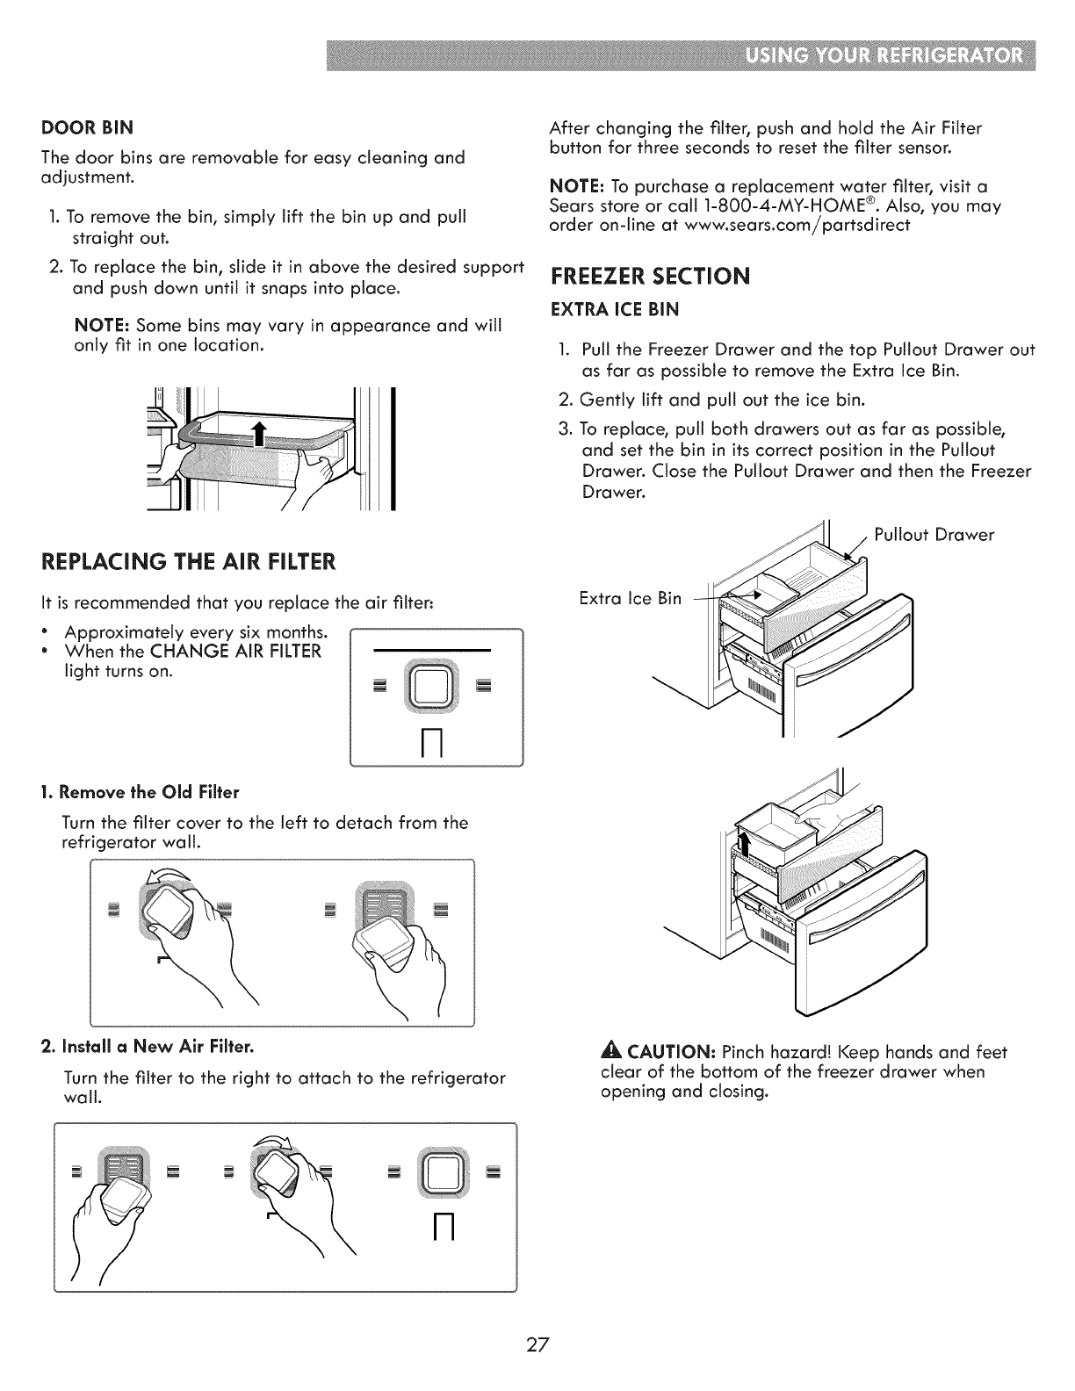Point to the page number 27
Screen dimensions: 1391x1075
click(537, 1345)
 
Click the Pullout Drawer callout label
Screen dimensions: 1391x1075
click(934, 535)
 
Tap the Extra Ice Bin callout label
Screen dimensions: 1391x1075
click(630, 599)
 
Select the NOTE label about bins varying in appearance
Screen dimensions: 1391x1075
click(103, 327)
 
